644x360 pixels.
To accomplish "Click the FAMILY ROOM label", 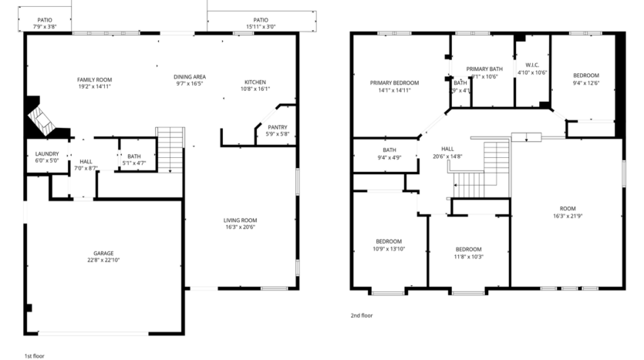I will (x=94, y=80).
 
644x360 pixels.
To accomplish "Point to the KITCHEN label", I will (x=255, y=82).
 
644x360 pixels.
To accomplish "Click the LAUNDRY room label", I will (x=47, y=154).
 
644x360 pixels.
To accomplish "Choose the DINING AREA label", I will (x=189, y=77).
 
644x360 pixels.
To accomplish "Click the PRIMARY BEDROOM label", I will (x=394, y=82).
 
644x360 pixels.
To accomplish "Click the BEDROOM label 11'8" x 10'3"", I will (x=468, y=249).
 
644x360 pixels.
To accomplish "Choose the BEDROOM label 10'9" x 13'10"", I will (x=389, y=241).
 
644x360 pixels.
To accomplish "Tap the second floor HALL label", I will (x=447, y=149).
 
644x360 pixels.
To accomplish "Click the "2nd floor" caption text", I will (x=362, y=315).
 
